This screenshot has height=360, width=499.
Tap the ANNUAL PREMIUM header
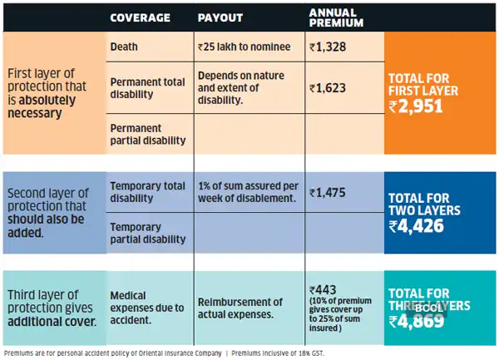333,17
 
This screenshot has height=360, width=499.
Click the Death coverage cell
124,47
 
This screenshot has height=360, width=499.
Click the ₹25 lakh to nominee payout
241,47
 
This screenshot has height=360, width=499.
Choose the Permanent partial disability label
147,134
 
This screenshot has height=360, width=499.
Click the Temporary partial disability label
147,233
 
